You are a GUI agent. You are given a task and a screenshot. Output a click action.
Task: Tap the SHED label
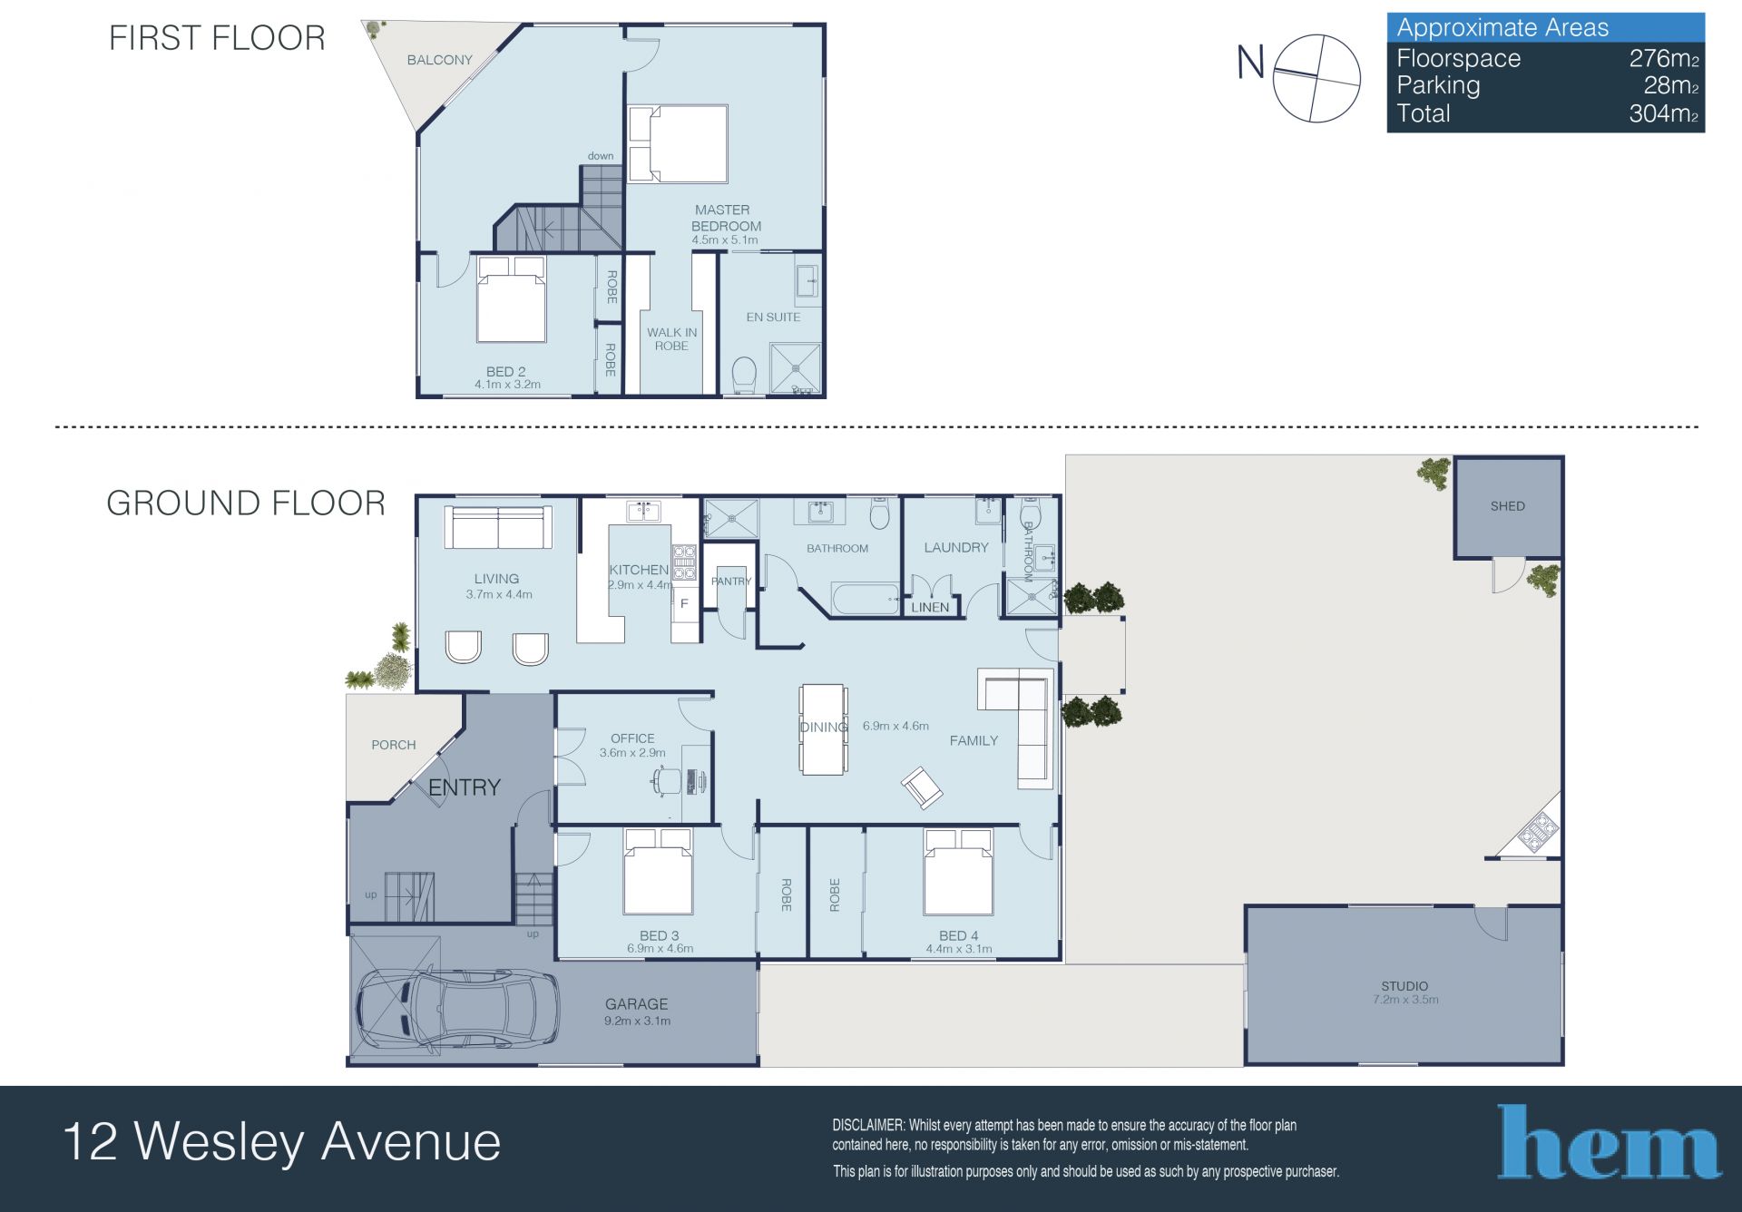(x=1507, y=506)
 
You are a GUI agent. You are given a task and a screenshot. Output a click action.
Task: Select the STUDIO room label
(x=1404, y=986)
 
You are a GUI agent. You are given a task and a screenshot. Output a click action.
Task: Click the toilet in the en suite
(x=744, y=376)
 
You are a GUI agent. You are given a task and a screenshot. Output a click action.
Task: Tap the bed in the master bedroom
(x=678, y=144)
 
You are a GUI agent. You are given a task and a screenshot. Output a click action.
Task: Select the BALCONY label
(x=439, y=60)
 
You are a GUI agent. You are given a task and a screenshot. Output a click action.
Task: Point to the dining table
(x=824, y=729)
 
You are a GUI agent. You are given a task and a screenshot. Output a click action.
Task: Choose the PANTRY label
(x=731, y=582)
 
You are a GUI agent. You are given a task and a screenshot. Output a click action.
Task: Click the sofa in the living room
(x=498, y=527)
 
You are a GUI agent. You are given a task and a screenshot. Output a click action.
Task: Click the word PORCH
(x=394, y=745)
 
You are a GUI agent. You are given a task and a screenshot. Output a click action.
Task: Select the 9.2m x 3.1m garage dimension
(x=637, y=1021)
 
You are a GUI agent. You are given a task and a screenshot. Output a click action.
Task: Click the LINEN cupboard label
(x=930, y=607)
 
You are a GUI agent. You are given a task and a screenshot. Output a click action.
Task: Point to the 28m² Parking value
(x=1671, y=85)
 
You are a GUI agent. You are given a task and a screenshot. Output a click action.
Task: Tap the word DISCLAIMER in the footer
(x=868, y=1126)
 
